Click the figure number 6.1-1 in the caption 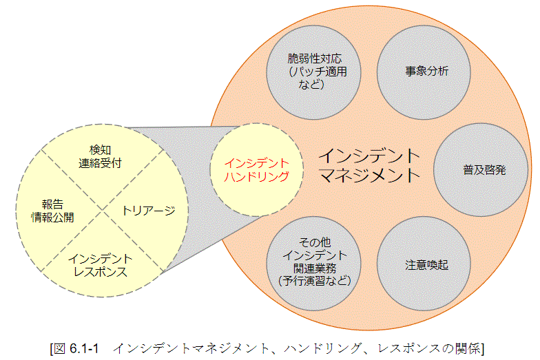click(x=86, y=348)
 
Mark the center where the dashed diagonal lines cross click(x=101, y=210)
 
